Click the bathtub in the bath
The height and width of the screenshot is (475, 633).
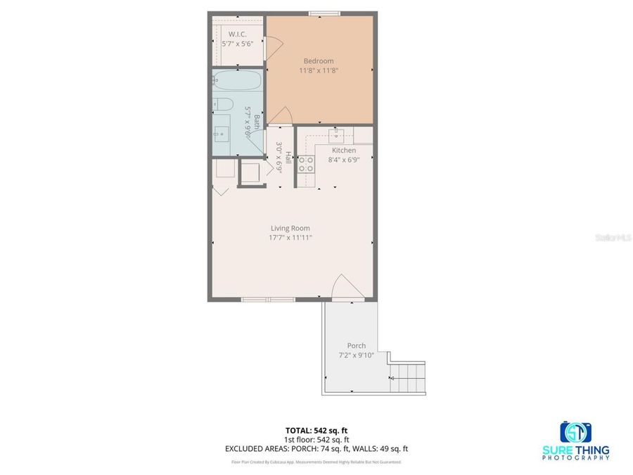pos(237,82)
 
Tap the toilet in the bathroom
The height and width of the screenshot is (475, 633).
pos(223,106)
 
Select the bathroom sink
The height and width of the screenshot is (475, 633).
pos(222,132)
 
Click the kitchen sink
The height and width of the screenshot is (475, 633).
pos(336,132)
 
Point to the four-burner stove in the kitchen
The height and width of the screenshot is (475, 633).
pos(306,165)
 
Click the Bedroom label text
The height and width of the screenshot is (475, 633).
pos(319,61)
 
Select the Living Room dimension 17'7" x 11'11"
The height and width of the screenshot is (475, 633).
pos(290,238)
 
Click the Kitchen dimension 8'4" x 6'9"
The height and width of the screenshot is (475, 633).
pos(344,160)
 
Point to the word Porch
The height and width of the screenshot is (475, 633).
pos(356,346)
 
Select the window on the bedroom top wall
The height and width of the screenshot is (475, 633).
pos(321,13)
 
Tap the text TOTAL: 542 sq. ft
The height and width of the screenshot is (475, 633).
pos(316,429)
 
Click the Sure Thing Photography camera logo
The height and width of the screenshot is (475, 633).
pos(575,431)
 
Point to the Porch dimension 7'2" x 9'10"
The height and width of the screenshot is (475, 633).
pos(356,355)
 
